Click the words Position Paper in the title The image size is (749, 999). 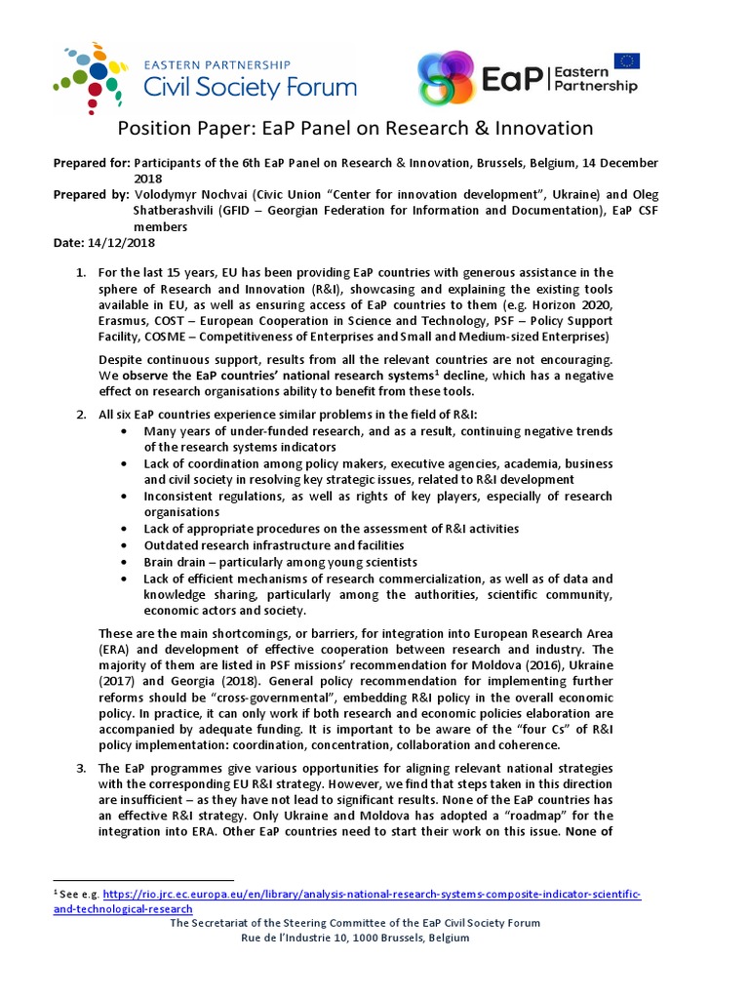click(178, 128)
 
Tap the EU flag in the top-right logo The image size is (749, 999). click(627, 61)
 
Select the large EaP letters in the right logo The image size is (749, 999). click(512, 78)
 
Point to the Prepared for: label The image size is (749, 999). click(91, 162)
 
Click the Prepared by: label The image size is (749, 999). click(90, 193)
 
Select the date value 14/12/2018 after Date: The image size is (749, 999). click(121, 242)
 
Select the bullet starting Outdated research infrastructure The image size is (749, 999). click(273, 545)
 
